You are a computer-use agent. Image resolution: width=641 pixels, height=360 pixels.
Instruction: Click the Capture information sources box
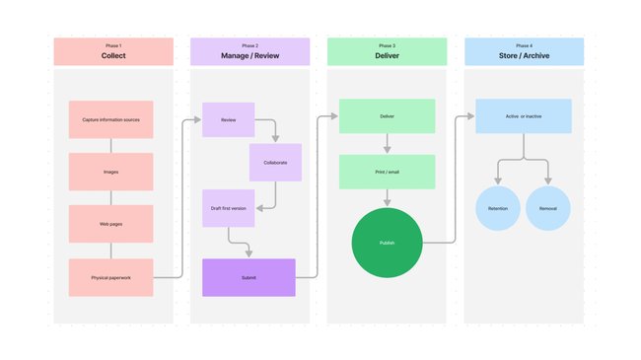(110, 119)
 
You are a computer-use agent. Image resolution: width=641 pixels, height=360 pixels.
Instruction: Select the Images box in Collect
(110, 172)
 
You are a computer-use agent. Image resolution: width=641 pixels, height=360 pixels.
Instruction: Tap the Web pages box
(110, 224)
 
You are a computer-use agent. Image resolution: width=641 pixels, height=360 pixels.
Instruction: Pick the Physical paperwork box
(110, 277)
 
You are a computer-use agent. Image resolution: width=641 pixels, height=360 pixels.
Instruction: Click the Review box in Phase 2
(228, 119)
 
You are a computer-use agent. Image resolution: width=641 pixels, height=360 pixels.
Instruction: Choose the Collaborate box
(275, 162)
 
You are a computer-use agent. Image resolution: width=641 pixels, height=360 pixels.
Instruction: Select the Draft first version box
(228, 208)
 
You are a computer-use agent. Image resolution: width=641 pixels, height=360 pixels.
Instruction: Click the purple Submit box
(249, 277)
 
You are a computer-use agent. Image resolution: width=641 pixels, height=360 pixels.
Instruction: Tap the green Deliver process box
(387, 115)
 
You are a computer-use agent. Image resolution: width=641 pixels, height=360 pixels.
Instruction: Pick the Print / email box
(387, 172)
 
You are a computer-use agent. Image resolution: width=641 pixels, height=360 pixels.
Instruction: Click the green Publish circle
(387, 242)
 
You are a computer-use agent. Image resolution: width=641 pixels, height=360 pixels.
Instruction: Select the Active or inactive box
(524, 115)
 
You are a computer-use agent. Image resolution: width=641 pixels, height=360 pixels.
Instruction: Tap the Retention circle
(498, 209)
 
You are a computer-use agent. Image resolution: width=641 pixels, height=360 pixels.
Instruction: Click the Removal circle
(548, 209)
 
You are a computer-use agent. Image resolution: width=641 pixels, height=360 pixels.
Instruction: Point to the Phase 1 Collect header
(113, 51)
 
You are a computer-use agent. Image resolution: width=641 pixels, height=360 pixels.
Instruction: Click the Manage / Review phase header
(249, 51)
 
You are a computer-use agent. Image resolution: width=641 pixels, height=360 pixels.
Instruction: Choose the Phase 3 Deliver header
(387, 51)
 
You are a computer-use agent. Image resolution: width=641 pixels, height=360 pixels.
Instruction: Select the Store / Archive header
(524, 51)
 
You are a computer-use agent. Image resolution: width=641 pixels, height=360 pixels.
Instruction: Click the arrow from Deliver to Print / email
(387, 143)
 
